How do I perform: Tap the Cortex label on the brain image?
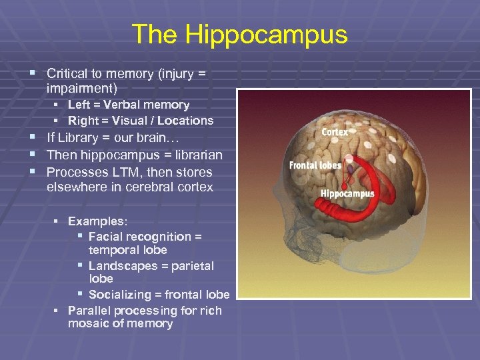pyautogui.click(x=335, y=132)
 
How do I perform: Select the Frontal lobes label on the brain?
pyautogui.click(x=315, y=165)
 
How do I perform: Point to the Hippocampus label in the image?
pyautogui.click(x=347, y=194)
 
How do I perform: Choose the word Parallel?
pyautogui.click(x=89, y=311)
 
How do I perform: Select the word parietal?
pyautogui.click(x=193, y=266)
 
